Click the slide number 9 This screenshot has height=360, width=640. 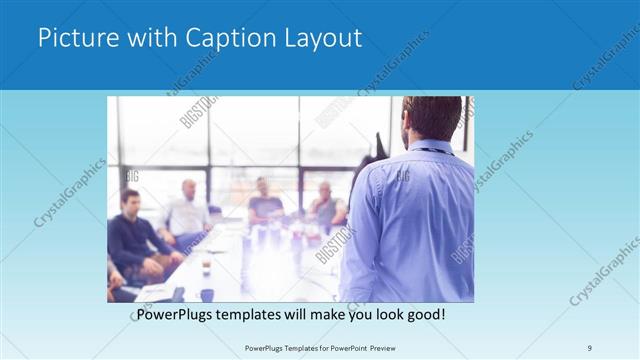coord(590,347)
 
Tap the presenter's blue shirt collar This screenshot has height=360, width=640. coord(430,147)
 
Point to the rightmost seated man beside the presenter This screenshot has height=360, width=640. coord(325,205)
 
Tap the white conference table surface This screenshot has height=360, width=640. coord(260,270)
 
